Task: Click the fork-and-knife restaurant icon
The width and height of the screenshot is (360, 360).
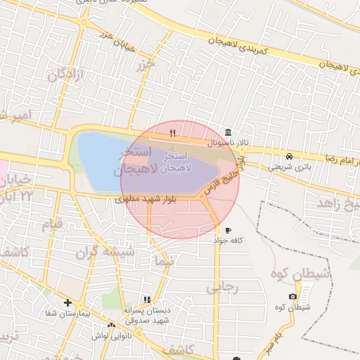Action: [x=172, y=132]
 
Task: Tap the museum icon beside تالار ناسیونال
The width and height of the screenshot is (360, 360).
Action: [x=227, y=132]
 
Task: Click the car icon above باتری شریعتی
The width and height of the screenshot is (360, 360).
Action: [x=289, y=156]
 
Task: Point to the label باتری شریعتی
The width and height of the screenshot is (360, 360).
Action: [x=289, y=167]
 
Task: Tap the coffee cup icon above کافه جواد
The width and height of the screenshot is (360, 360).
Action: [x=228, y=230]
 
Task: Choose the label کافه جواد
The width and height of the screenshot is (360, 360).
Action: [x=228, y=240]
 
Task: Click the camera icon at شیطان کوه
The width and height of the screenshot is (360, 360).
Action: [x=292, y=297]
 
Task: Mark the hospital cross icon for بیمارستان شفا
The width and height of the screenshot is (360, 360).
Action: [x=67, y=302]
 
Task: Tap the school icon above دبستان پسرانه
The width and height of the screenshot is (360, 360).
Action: [x=147, y=300]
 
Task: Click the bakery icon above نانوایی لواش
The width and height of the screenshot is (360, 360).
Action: [x=111, y=325]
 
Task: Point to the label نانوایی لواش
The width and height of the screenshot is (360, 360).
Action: [x=111, y=335]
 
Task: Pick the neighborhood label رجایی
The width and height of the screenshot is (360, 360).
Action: [x=224, y=288]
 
